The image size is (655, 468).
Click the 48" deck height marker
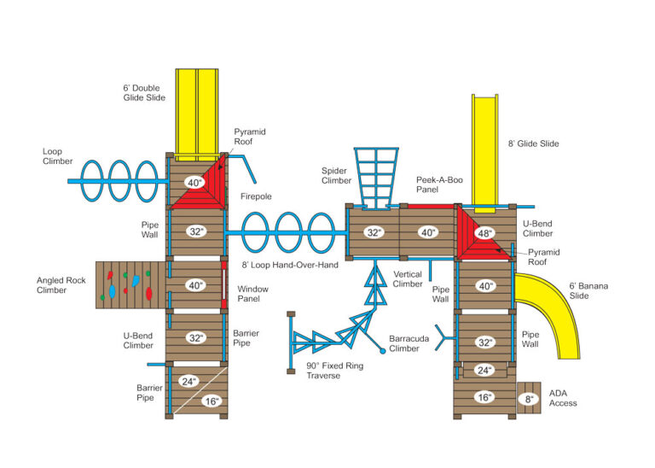click(x=484, y=232)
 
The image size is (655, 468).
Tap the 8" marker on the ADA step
click(x=529, y=397)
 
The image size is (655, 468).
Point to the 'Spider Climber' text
click(x=336, y=175)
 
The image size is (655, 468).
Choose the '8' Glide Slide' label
click(x=533, y=144)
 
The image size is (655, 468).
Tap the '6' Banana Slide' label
click(x=589, y=291)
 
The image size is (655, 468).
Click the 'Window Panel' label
click(x=252, y=295)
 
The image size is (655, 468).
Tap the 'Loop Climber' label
click(x=57, y=155)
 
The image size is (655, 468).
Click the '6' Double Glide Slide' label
click(x=149, y=92)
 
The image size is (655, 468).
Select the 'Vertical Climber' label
click(x=408, y=278)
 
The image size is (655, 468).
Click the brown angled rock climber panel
click(x=129, y=284)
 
